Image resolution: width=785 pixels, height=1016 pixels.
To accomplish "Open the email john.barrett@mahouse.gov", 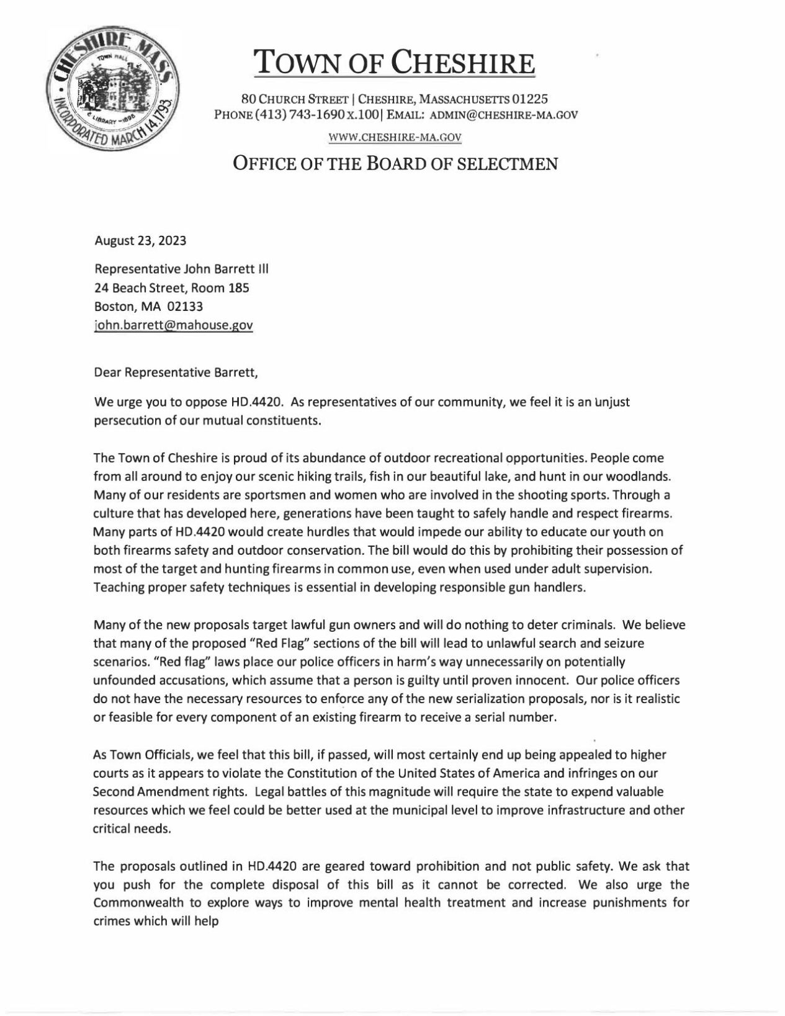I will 173,325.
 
